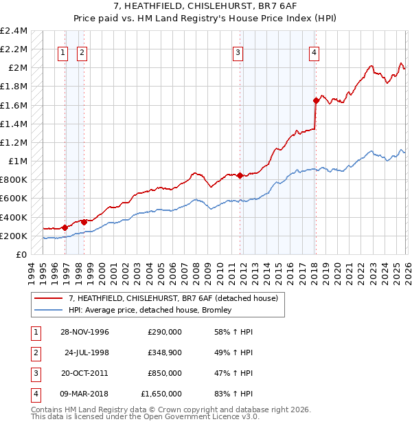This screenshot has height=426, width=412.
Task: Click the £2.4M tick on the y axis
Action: click(x=14, y=31)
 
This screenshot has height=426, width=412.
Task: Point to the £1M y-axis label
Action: click(x=17, y=161)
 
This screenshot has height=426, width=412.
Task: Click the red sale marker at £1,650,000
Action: click(x=316, y=100)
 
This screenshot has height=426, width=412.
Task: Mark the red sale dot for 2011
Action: click(x=240, y=175)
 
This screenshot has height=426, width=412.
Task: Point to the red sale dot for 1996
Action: click(x=65, y=227)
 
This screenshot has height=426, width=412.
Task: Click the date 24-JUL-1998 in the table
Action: click(x=87, y=352)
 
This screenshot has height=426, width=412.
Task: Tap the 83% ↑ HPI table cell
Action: click(x=233, y=394)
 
